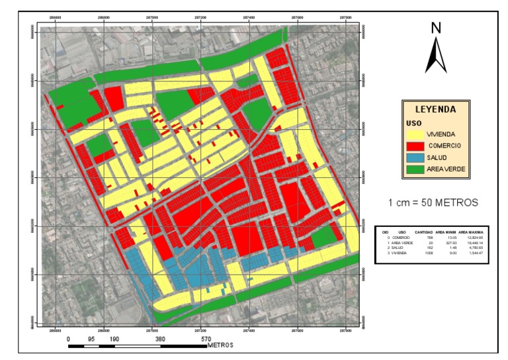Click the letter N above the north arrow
pyautogui.click(x=436, y=28)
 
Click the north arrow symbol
pyautogui.click(x=436, y=56)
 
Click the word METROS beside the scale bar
pyautogui.click(x=220, y=345)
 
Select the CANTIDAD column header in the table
pyautogui.click(x=423, y=232)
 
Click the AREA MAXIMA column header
pyautogui.click(x=472, y=232)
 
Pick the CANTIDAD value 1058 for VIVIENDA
pyautogui.click(x=427, y=253)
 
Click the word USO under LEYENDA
pyautogui.click(x=412, y=122)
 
